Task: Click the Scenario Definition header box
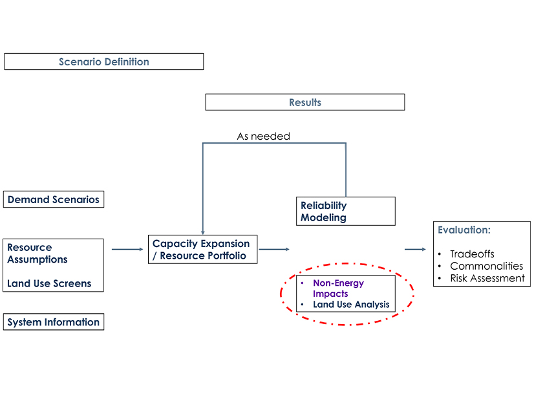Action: click(x=103, y=62)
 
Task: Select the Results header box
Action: click(x=304, y=102)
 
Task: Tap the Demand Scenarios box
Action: click(x=54, y=200)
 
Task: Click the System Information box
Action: click(x=54, y=322)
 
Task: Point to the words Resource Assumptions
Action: click(x=37, y=254)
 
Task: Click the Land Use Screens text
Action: click(x=49, y=283)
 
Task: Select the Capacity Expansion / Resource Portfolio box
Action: click(x=202, y=250)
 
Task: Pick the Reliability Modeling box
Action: click(x=345, y=211)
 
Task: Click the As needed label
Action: click(x=263, y=136)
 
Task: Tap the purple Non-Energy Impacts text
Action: click(x=338, y=288)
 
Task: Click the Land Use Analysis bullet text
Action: click(x=351, y=305)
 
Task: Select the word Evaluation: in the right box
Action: click(x=464, y=230)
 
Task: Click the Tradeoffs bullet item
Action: click(x=472, y=254)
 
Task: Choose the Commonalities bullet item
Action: click(x=486, y=266)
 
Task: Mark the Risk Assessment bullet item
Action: click(x=487, y=278)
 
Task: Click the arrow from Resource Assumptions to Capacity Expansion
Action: click(x=127, y=249)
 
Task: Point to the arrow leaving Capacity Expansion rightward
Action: click(x=273, y=249)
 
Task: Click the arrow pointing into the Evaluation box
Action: click(x=415, y=249)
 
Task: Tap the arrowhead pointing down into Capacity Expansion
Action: click(x=203, y=232)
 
